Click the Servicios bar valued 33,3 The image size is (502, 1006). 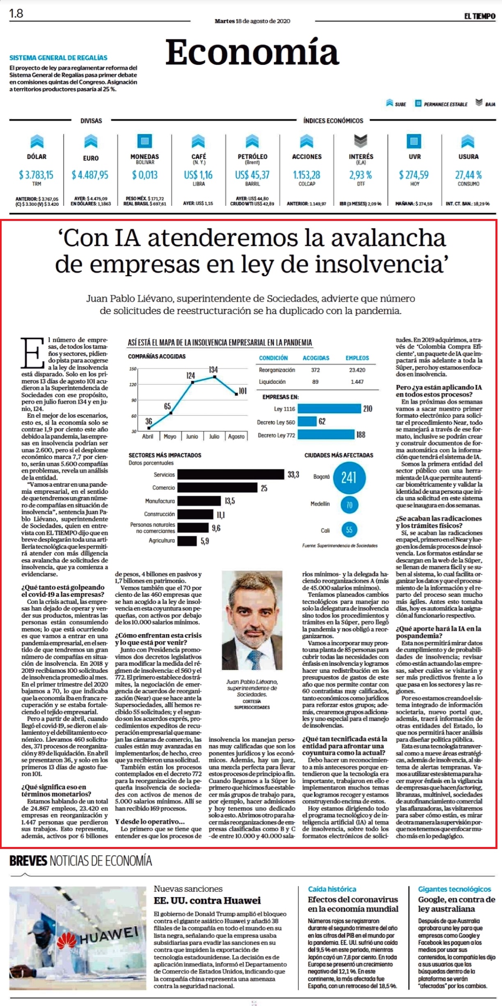click(231, 474)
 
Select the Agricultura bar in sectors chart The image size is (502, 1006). click(187, 541)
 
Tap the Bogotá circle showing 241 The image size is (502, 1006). click(349, 478)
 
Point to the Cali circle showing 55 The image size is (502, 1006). click(349, 530)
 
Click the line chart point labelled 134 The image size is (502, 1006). click(214, 376)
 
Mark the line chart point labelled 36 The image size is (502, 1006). click(149, 428)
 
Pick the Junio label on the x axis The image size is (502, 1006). click(192, 437)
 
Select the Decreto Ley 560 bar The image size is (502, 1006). click(307, 421)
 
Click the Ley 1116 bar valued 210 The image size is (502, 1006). click(329, 409)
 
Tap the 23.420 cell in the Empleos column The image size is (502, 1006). click(357, 370)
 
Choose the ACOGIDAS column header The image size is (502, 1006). click(316, 358)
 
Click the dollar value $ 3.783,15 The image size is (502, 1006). click(36, 175)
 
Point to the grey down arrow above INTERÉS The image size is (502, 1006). click(360, 141)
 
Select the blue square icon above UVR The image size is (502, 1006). click(414, 141)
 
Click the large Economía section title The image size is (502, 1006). click(252, 52)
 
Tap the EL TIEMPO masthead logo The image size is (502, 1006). click(480, 16)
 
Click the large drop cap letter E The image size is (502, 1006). click(32, 353)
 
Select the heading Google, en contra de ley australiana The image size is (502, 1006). click(456, 904)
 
